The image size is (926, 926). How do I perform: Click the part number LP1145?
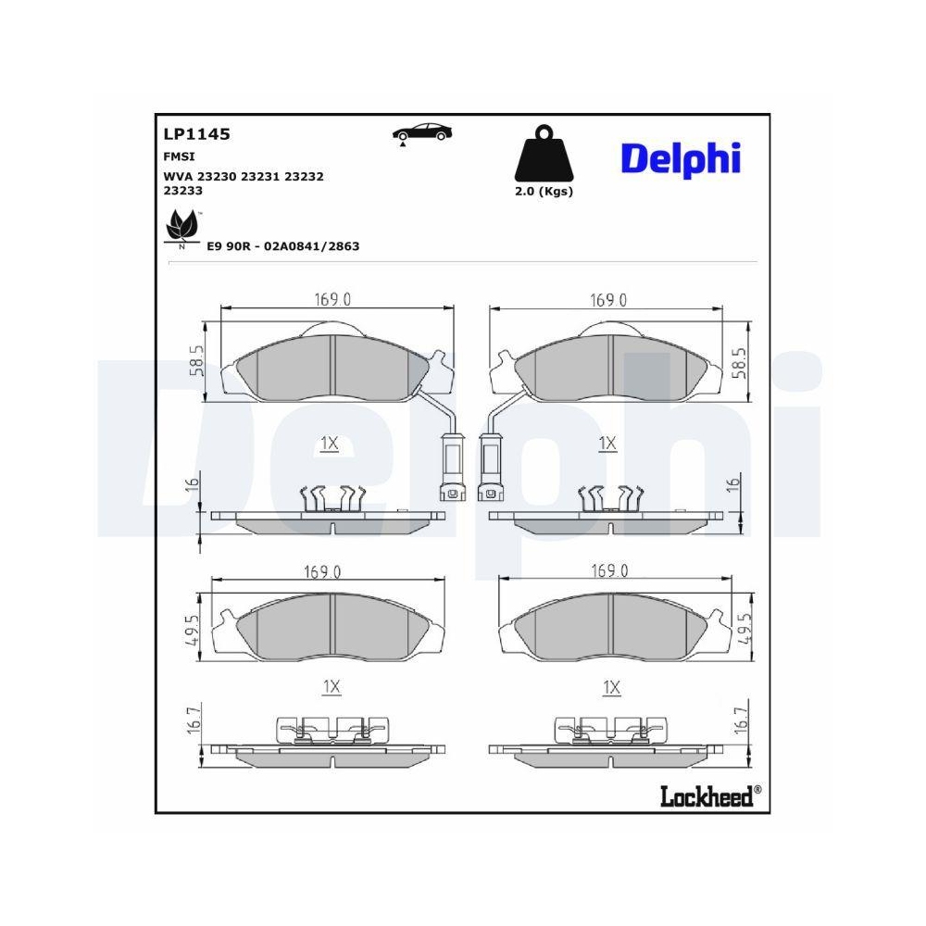click(x=196, y=134)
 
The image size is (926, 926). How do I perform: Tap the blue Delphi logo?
click(x=681, y=158)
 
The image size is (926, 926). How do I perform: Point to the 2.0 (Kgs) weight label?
click(x=544, y=192)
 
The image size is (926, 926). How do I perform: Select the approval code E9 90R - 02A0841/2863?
click(x=283, y=246)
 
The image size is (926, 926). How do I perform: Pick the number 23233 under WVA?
click(x=182, y=190)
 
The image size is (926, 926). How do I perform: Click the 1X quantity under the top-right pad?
click(x=607, y=444)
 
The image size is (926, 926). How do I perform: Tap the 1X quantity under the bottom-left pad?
click(x=332, y=686)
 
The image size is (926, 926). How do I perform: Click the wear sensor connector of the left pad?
click(x=452, y=462)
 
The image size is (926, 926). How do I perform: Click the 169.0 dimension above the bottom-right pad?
click(x=610, y=570)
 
